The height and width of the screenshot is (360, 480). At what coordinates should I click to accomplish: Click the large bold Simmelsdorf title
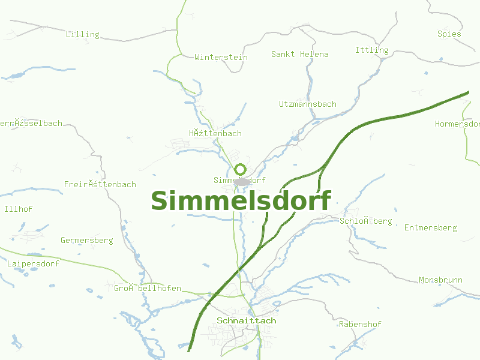(241, 201)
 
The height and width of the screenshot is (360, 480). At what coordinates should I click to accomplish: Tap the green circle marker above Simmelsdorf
(241, 169)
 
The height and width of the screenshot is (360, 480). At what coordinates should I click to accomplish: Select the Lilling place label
(82, 34)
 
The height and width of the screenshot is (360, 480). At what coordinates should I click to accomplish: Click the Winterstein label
(221, 57)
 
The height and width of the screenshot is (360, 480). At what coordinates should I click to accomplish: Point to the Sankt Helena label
(299, 54)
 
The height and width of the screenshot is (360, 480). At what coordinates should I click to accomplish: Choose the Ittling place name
(371, 50)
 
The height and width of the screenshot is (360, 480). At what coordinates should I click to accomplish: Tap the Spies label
(449, 34)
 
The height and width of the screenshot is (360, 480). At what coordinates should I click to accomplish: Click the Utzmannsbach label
(307, 104)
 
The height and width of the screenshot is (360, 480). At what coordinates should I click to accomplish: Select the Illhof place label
(18, 209)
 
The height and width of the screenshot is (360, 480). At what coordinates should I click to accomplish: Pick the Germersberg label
(86, 240)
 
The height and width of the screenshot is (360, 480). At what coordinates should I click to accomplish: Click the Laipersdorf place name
(33, 263)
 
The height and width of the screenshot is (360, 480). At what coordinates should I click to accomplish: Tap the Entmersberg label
(430, 227)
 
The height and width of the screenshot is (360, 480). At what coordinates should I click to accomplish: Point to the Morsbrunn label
(440, 280)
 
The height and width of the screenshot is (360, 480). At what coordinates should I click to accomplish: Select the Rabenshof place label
(360, 324)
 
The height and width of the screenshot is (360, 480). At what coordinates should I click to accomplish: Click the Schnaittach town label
(247, 320)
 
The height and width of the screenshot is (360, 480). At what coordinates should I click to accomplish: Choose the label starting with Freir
(100, 184)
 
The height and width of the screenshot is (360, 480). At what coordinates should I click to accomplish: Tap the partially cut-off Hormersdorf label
(457, 124)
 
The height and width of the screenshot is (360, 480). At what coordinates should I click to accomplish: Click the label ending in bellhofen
(148, 289)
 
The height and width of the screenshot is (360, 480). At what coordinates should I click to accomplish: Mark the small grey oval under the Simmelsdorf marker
(242, 181)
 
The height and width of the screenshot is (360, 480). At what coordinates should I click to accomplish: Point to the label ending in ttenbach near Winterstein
(215, 133)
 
